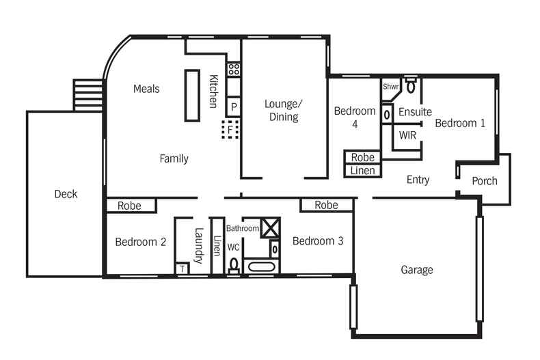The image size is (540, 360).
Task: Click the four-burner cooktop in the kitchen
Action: coord(234,68)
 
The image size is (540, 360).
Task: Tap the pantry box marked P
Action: coord(234,106)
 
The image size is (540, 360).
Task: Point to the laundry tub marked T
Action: coord(182,268)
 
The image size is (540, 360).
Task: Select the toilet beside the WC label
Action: coord(234,265)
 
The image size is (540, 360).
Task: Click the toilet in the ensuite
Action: coord(411,85)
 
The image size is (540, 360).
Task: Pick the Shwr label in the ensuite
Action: coord(390,87)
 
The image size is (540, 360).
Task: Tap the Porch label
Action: coord(485,181)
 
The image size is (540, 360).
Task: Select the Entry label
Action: coord(418,180)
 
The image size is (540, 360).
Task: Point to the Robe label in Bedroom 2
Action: coord(129,205)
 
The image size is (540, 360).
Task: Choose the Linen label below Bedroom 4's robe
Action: coord(362,170)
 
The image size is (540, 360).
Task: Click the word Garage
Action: coord(416,270)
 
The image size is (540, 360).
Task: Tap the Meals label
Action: coord(147,89)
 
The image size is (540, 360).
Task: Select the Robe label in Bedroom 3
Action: coord(327,205)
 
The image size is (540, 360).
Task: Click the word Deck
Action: coord(66,194)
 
